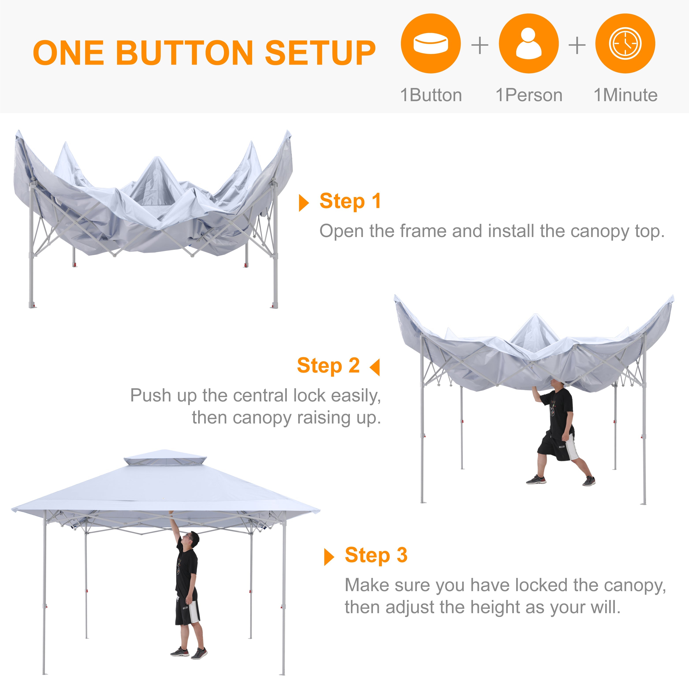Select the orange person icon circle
(529, 43)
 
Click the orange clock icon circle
(625, 43)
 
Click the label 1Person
(529, 95)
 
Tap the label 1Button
(431, 95)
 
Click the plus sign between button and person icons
(480, 45)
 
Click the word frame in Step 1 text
(424, 231)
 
